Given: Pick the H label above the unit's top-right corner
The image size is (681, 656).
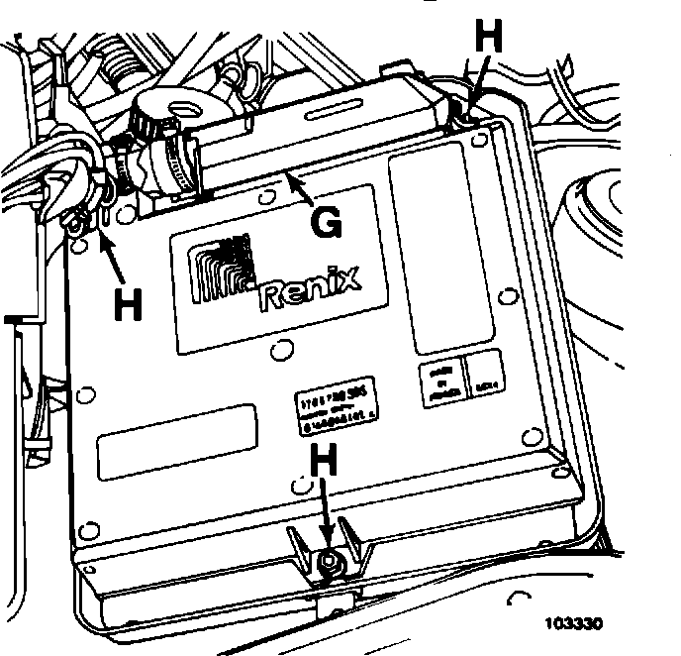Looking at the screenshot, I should point(490,36).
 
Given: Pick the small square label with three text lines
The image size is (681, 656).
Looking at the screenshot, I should point(440,379).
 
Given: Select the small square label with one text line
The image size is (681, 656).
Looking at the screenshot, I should point(486,378).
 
